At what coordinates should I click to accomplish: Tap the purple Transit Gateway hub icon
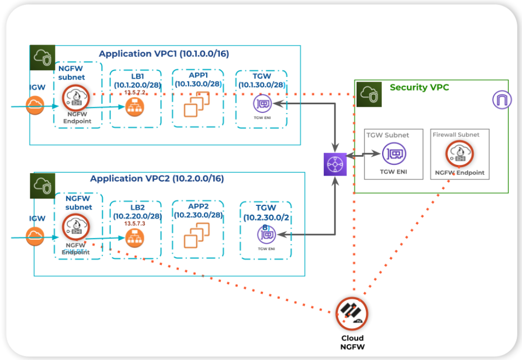click(x=335, y=164)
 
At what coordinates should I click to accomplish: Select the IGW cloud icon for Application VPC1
click(x=35, y=106)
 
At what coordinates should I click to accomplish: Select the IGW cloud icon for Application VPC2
click(x=35, y=236)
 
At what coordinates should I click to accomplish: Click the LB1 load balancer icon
click(x=134, y=107)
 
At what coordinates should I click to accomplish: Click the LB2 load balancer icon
click(x=134, y=237)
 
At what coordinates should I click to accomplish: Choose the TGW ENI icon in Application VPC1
click(x=263, y=104)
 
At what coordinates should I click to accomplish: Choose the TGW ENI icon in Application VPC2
click(x=267, y=235)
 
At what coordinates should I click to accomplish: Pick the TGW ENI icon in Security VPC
click(x=394, y=154)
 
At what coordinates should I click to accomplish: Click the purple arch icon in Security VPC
click(x=502, y=100)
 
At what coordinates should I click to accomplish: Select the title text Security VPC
click(x=419, y=87)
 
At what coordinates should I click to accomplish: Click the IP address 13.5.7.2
click(x=135, y=92)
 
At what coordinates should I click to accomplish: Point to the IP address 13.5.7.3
click(x=135, y=224)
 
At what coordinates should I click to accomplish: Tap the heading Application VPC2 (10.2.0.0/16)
click(x=157, y=179)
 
